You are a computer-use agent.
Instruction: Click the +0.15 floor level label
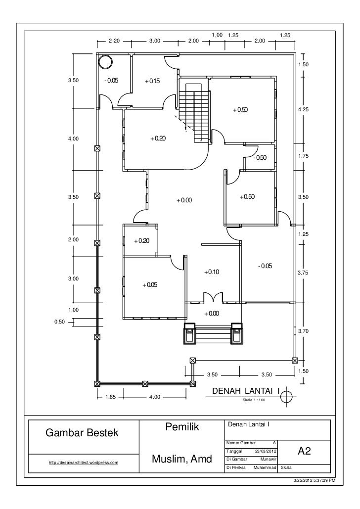(152, 81)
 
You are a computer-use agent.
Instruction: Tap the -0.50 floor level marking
(260, 158)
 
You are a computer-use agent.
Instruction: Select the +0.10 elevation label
(211, 272)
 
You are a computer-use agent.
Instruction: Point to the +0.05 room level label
(150, 285)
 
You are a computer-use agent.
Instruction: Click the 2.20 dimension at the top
(114, 41)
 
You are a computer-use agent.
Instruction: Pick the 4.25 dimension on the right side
(303, 109)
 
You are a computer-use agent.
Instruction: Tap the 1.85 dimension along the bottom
(111, 397)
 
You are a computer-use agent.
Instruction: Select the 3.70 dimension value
(303, 331)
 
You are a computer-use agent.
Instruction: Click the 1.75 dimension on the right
(303, 156)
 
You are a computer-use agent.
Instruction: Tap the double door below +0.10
(213, 297)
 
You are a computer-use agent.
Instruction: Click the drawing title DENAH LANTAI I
(246, 391)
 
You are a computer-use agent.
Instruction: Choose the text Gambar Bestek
(82, 433)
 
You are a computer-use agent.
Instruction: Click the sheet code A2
(304, 451)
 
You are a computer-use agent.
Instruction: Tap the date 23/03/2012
(266, 451)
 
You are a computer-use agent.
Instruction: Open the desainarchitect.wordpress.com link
(84, 463)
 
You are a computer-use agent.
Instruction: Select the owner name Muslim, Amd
(182, 459)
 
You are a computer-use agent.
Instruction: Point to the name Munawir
(268, 460)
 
